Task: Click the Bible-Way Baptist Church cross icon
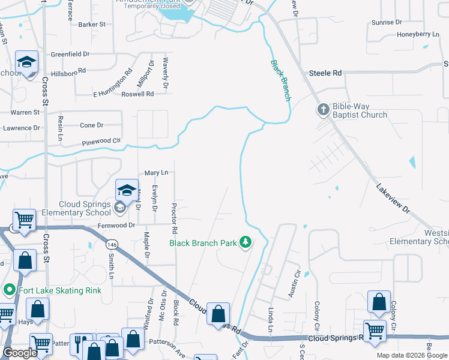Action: (323, 109)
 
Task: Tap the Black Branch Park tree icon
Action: (245, 242)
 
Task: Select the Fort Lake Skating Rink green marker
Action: (10, 291)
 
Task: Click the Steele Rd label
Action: (325, 73)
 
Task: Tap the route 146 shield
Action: (112, 244)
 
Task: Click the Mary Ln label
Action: (156, 173)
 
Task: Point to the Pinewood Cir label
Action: (101, 142)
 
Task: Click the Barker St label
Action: (92, 25)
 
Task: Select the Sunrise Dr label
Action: (387, 22)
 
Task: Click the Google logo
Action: (20, 353)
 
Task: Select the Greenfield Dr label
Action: (70, 54)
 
